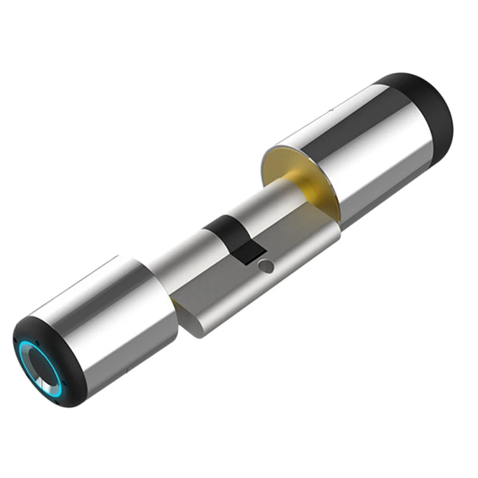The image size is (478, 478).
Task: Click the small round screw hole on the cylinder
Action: [265, 266]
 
